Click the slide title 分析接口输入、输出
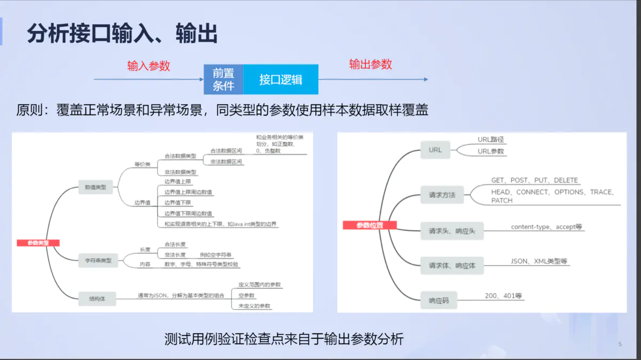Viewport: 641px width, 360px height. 122,34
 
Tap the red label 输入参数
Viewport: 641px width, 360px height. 148,66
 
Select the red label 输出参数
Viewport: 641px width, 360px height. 371,64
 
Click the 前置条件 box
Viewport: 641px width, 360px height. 223,80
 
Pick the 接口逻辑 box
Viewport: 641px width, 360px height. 281,80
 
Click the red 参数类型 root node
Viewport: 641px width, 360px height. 38,243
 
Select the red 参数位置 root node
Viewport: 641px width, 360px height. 370,225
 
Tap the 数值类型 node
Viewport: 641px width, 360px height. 96,187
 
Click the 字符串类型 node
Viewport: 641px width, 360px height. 98,261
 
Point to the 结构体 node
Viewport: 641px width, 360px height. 97,298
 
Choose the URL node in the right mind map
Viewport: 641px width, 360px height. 435,150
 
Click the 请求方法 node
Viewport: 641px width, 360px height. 442,195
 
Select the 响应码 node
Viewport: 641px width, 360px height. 439,301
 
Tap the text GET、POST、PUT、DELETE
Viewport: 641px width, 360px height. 535,181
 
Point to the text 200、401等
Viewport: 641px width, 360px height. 503,295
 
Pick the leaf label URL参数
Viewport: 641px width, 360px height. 491,151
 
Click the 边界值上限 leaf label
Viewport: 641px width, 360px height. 178,182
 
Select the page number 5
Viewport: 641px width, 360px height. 620,344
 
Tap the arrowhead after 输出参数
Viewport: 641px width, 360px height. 426,80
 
